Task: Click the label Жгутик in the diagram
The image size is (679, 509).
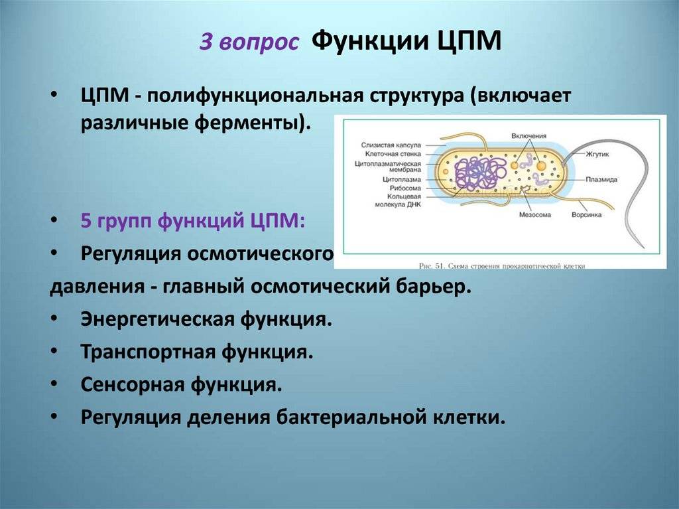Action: click(x=597, y=154)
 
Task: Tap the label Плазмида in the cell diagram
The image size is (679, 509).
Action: click(x=601, y=179)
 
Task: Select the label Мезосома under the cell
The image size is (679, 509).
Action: click(x=536, y=214)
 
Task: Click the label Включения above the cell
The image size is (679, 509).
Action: click(x=529, y=135)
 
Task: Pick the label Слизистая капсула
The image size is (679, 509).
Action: click(x=391, y=144)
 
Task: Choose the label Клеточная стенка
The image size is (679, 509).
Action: click(x=393, y=153)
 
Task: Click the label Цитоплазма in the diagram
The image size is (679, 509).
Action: click(x=401, y=179)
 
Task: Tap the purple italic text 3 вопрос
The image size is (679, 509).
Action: click(x=249, y=44)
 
